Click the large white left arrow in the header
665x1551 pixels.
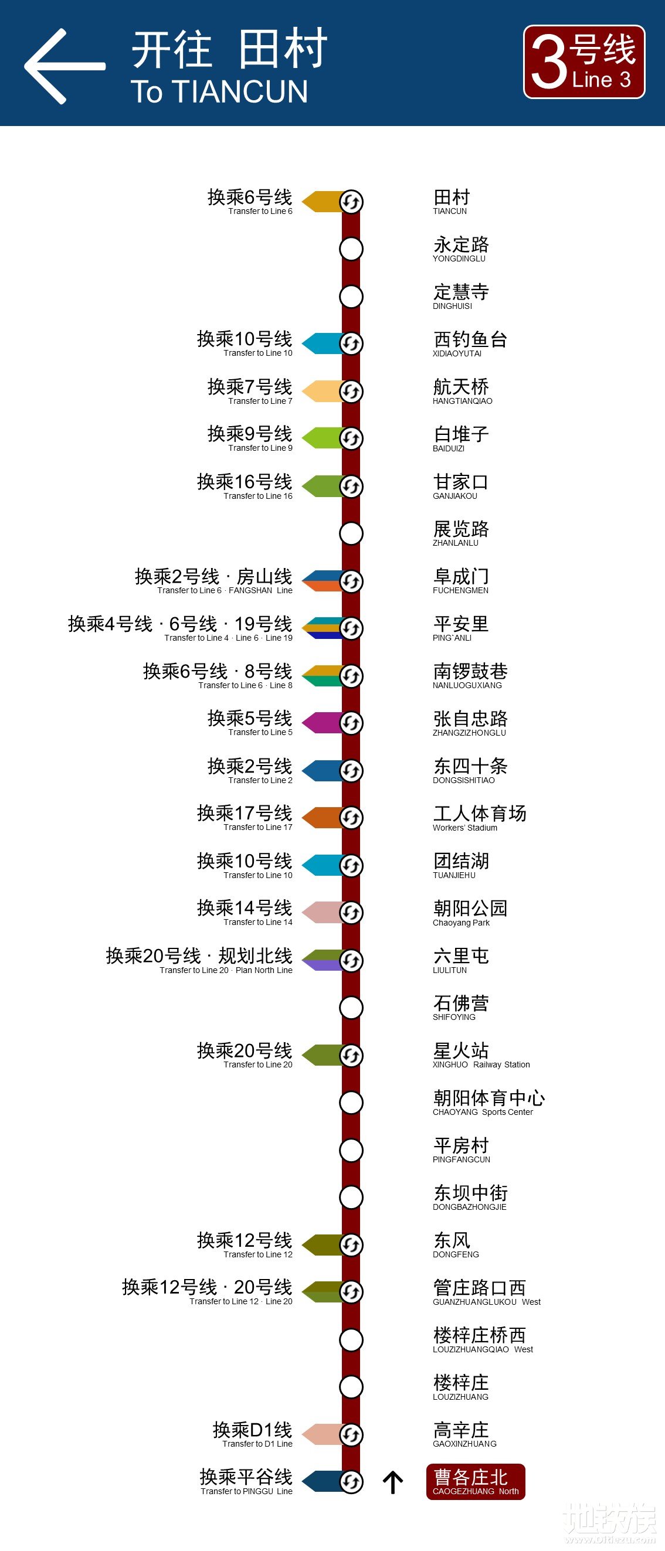click(63, 66)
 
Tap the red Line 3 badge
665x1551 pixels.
click(583, 62)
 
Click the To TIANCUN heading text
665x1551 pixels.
click(219, 91)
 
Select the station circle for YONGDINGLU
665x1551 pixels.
click(351, 249)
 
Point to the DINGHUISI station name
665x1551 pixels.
click(461, 296)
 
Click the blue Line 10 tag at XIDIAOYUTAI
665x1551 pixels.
click(322, 343)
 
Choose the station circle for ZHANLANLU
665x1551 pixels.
click(351, 533)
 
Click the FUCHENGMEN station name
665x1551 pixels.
click(461, 581)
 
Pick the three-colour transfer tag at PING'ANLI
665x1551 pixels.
click(322, 628)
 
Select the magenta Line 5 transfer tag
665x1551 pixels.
click(322, 723)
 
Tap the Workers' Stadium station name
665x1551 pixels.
click(480, 818)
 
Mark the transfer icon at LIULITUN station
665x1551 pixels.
click(351, 960)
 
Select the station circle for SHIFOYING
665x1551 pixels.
click(351, 1007)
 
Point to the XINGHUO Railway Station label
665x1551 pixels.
click(481, 1055)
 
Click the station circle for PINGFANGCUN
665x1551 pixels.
click(351, 1150)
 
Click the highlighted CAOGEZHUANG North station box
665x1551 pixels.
click(475, 1482)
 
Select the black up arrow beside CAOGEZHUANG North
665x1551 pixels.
click(393, 1482)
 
